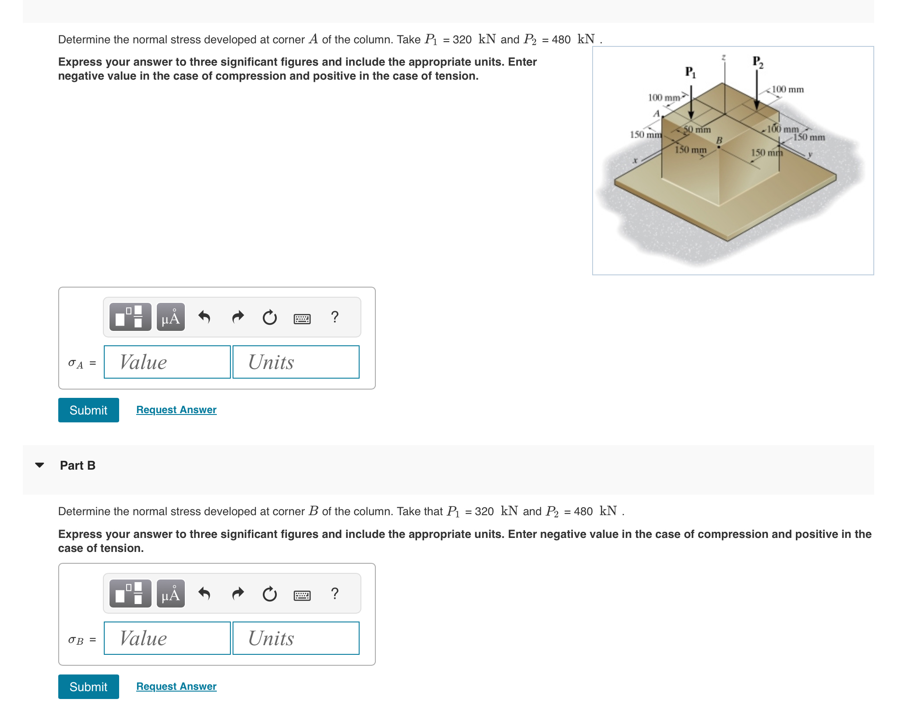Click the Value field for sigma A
(167, 362)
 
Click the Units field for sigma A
(296, 362)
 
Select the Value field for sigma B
(167, 638)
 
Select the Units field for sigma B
(296, 638)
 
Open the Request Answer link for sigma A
(176, 410)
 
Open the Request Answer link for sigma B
(176, 686)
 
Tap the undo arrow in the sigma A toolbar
(204, 316)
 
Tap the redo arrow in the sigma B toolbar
(237, 594)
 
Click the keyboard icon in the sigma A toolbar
(302, 319)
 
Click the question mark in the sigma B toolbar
(335, 594)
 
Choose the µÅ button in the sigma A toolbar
(170, 317)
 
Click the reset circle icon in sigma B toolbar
(269, 594)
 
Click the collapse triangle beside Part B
(39, 465)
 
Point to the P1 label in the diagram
(690, 72)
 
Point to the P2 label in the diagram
(758, 62)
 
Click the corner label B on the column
(719, 140)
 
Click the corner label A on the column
(656, 113)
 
